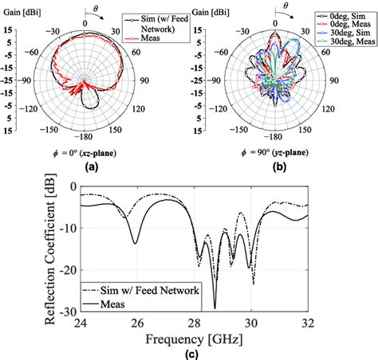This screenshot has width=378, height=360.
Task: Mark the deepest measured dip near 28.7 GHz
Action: tap(215, 307)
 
